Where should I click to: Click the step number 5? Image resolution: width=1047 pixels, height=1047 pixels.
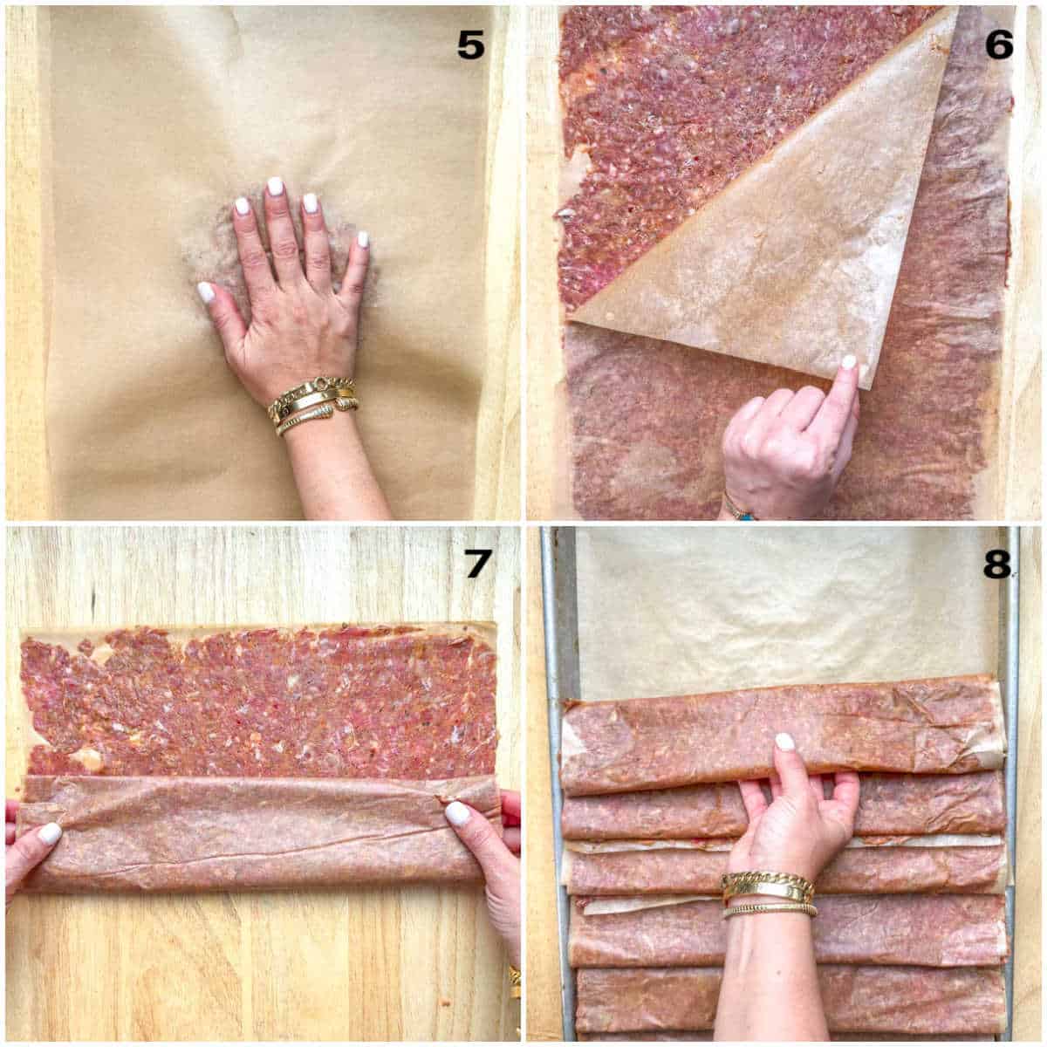pos(470,44)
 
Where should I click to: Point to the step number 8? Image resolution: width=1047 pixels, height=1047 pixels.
pos(998,565)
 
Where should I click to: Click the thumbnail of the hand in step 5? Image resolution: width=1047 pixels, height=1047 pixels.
pos(206,291)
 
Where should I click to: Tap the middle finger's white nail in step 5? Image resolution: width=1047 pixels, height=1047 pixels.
pos(276,186)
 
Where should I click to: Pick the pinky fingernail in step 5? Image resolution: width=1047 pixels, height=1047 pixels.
pos(362,238)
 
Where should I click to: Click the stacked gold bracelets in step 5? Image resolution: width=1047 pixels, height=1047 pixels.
pos(312,403)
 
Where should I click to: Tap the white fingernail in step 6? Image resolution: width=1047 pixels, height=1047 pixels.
pos(847,362)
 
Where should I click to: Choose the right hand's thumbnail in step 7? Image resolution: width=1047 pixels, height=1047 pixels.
pos(457,813)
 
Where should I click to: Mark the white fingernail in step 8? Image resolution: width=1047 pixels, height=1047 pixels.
pos(785,742)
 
